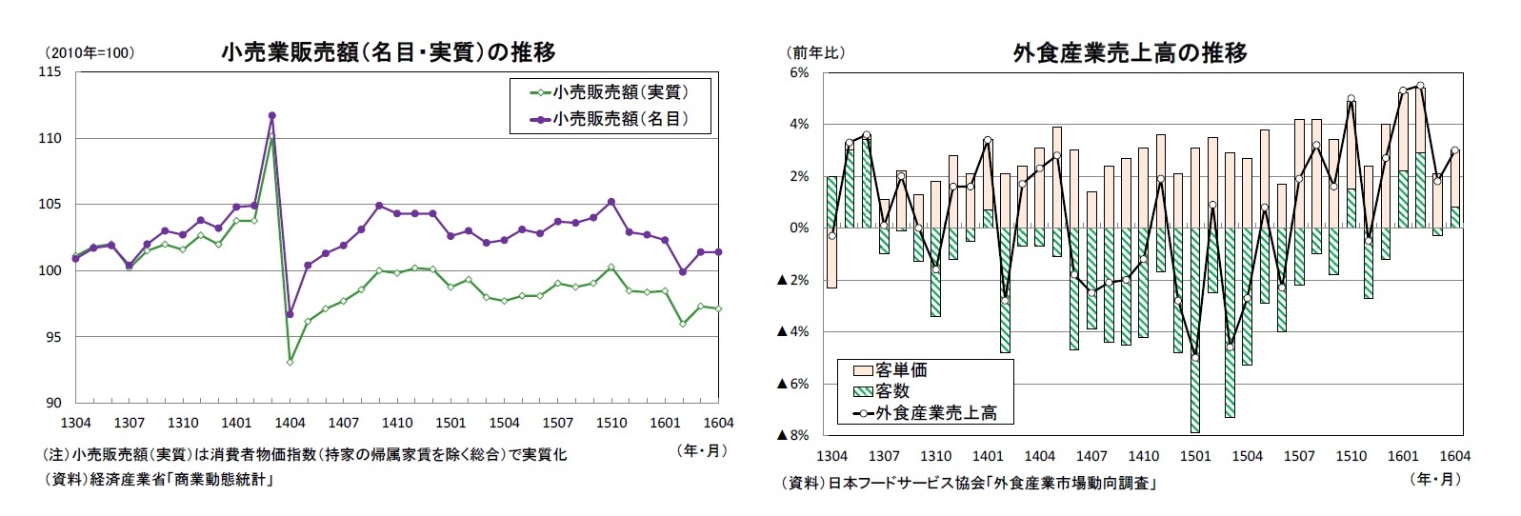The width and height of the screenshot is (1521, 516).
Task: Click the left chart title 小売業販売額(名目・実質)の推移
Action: pyautogui.click(x=388, y=52)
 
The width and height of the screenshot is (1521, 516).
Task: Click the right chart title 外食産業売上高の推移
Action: pyautogui.click(x=1130, y=52)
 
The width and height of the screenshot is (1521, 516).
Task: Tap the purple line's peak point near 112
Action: pyautogui.click(x=271, y=116)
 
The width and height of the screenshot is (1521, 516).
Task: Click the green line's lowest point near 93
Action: pyautogui.click(x=290, y=362)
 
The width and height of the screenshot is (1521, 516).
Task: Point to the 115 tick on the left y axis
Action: pyautogui.click(x=49, y=72)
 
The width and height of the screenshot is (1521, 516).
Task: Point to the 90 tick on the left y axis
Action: pyautogui.click(x=52, y=403)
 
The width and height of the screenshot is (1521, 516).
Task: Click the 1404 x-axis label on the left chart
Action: pyautogui.click(x=290, y=423)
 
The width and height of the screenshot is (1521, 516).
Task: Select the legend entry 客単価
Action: pyautogui.click(x=900, y=369)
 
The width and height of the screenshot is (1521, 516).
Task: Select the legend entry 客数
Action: pyautogui.click(x=891, y=390)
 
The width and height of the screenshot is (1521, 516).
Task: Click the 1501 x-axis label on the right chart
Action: pyautogui.click(x=1195, y=456)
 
